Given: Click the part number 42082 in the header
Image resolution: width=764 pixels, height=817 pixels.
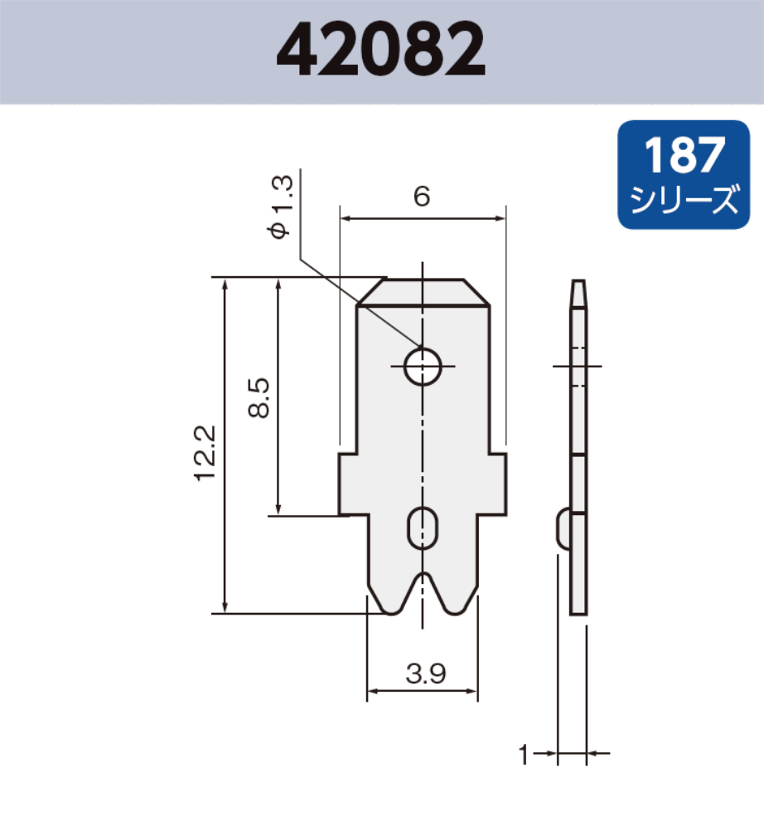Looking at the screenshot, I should coord(380,49).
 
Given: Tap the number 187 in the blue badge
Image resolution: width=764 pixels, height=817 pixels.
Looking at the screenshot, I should coord(684,155).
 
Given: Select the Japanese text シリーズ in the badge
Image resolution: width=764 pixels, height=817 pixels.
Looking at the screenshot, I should coord(684,200).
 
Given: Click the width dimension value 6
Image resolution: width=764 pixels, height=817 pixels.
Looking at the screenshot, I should coord(422,197).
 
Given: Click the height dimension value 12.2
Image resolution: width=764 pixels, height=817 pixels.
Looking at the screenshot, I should coord(205,452).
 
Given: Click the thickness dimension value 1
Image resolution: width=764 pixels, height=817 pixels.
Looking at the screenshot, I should coord(523,754).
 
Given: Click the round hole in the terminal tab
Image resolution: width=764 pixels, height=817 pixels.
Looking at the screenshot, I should coord(423,366).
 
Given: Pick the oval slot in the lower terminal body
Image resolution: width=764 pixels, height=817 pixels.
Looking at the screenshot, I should coord(423,527).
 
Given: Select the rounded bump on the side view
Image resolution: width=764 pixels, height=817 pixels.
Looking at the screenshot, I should coord(561,528).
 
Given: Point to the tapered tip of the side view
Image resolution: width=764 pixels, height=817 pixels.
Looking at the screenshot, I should coord(578,293).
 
